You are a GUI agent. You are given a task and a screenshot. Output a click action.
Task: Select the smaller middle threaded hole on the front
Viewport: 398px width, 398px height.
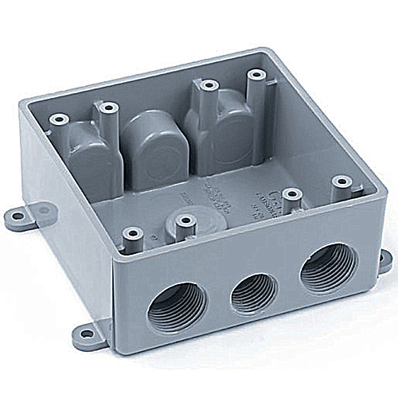(x=253, y=292)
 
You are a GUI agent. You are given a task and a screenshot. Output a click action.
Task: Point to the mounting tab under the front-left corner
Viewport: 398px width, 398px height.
(x=93, y=335)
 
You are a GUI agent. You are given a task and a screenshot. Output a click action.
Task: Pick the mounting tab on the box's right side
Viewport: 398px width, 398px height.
(x=381, y=260)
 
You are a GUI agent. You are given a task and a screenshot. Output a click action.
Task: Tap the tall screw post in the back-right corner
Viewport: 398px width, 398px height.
(x=256, y=76)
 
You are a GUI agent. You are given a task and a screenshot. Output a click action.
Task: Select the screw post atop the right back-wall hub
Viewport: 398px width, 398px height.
(x=209, y=84)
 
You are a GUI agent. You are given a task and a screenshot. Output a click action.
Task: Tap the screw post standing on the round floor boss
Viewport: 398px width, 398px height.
(x=185, y=222)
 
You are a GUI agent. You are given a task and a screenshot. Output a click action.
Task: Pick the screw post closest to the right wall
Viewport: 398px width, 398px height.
(x=342, y=183)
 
